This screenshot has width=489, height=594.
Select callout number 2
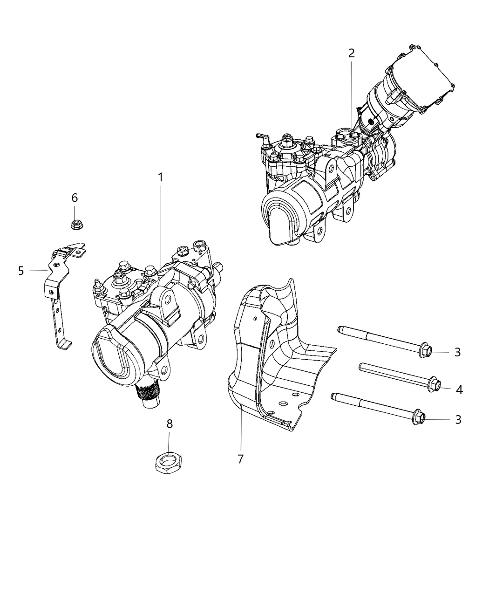pos(352,53)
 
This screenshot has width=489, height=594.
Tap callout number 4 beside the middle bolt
pos(459,389)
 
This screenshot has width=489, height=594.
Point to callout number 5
pos(21,271)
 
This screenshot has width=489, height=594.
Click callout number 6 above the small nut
pos(75,198)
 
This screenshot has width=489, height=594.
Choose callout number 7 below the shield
pos(240,459)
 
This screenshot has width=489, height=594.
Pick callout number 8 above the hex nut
pos(170,423)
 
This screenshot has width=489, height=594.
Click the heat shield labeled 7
pos(275,354)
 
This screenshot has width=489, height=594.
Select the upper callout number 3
pos(457,352)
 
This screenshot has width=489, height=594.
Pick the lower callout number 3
pos(458,420)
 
